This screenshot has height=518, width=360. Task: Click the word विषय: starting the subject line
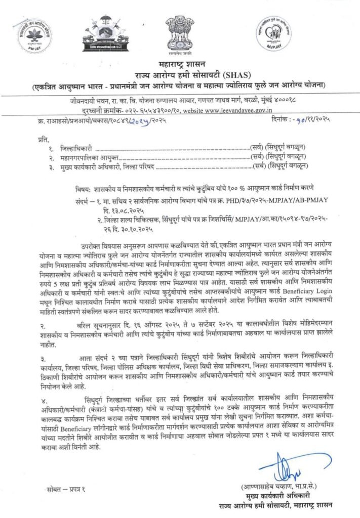pos(83,186)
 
